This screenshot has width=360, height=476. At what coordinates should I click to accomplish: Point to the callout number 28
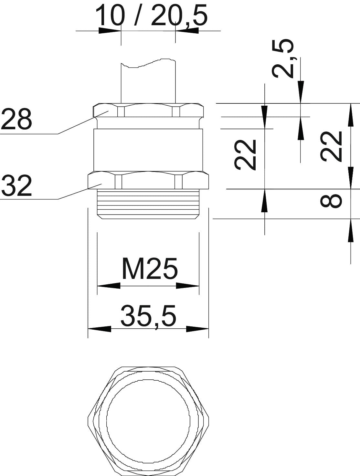[16, 119]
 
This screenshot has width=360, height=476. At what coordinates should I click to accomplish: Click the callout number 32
[16, 186]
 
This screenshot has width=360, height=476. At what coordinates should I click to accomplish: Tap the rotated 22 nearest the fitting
[245, 155]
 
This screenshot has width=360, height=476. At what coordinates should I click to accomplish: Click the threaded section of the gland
[148, 204]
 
